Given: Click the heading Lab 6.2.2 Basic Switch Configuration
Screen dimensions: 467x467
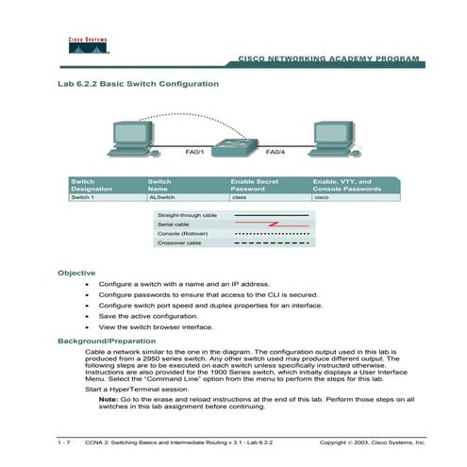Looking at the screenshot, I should click(x=139, y=84).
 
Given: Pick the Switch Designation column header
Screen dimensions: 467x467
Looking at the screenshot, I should click(x=92, y=184).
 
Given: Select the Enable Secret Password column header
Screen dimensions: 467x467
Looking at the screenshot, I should click(x=259, y=184).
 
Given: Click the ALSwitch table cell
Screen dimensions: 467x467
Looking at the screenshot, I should click(x=161, y=198).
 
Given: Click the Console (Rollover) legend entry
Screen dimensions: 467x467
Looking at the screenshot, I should click(x=183, y=234).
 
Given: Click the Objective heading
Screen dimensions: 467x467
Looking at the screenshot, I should click(x=76, y=273).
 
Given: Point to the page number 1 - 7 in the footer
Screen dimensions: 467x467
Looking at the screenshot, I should click(x=64, y=442).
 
